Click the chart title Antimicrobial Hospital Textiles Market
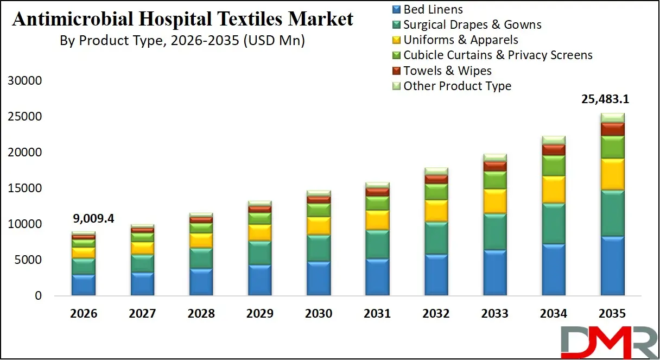click(182, 20)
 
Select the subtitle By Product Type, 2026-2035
click(182, 41)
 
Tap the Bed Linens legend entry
click(433, 9)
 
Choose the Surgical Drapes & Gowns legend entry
click(472, 24)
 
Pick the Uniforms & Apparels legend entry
click(460, 40)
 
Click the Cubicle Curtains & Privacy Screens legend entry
click(498, 55)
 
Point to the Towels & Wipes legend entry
click(447, 71)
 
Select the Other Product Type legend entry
click(457, 86)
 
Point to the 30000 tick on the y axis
click(24, 81)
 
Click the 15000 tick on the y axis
click(24, 188)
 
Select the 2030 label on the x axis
click(319, 313)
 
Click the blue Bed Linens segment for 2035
click(612, 266)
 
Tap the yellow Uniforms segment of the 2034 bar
click(553, 190)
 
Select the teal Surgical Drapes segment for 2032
click(436, 238)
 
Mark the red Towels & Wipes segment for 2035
click(612, 129)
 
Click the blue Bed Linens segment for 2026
click(84, 285)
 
